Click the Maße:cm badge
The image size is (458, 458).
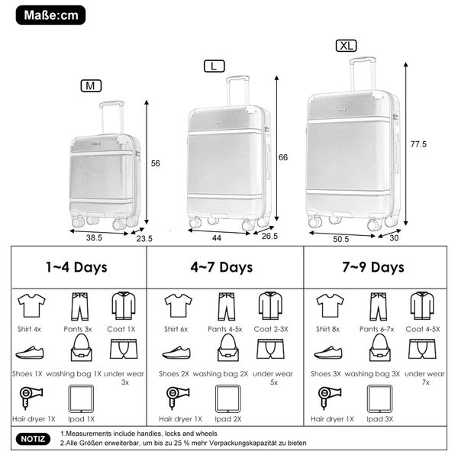coord(50,15)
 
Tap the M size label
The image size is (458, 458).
coord(91,85)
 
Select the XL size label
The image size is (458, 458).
coord(346,46)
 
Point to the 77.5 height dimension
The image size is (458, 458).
coord(418,144)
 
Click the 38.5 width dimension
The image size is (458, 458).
coord(94,237)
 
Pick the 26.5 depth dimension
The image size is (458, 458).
coord(269,236)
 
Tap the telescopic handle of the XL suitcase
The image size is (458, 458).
coord(363,74)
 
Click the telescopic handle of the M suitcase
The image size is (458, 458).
coord(111,118)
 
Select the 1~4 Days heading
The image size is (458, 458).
coord(76,267)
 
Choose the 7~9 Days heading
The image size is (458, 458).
coord(373,267)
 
